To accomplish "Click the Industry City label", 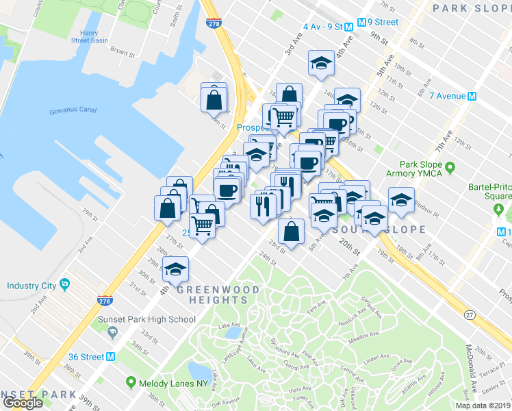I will pyautogui.click(x=30, y=285).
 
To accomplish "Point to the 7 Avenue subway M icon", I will pyautogui.click(x=472, y=97).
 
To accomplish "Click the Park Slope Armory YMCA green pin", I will pyautogui.click(x=450, y=167).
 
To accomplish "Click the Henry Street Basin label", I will pyautogui.click(x=94, y=36).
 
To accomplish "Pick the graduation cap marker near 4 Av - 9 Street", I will pyautogui.click(x=320, y=64).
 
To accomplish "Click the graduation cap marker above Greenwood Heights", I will pyautogui.click(x=176, y=270).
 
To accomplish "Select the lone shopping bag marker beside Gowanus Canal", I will pyautogui.click(x=214, y=99).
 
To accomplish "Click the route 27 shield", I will pyautogui.click(x=469, y=314).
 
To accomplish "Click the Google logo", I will pyautogui.click(x=23, y=402).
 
